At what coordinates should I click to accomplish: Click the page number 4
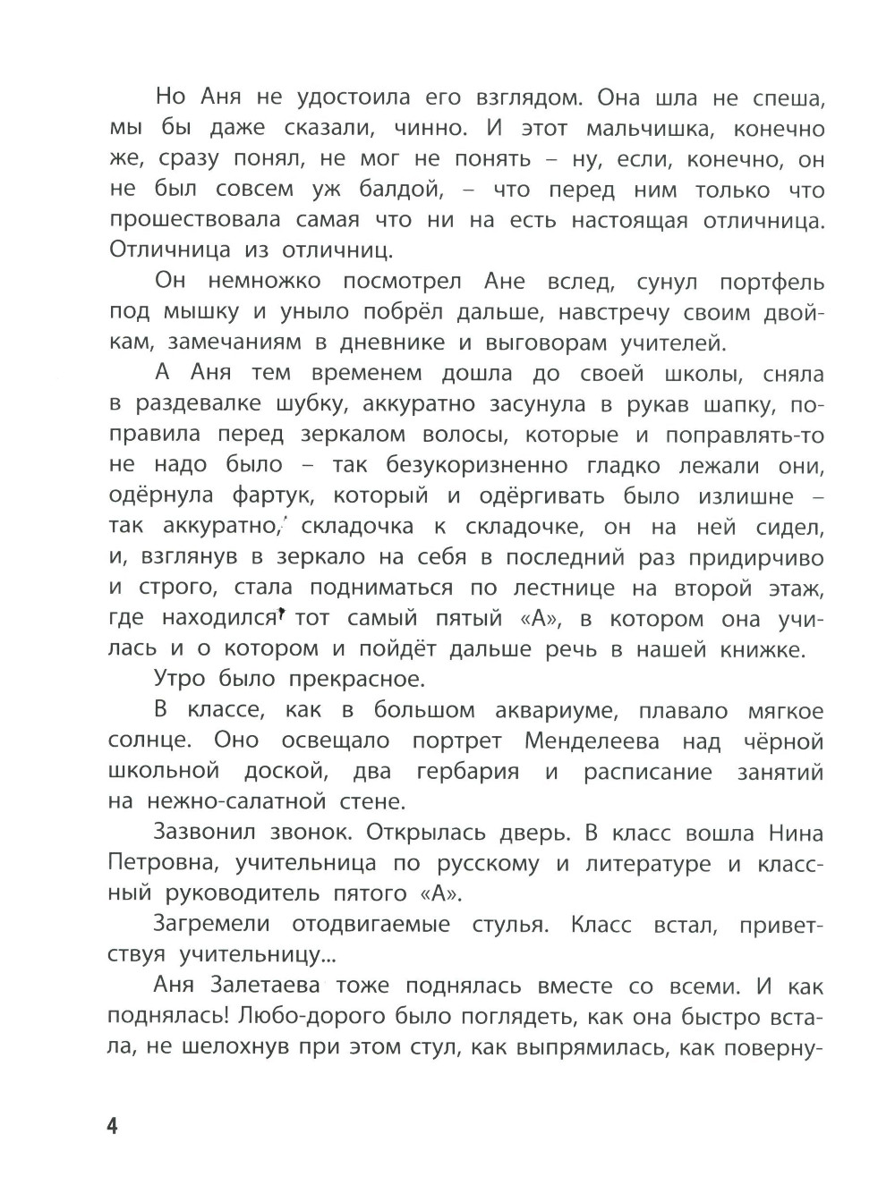coord(113,1125)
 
